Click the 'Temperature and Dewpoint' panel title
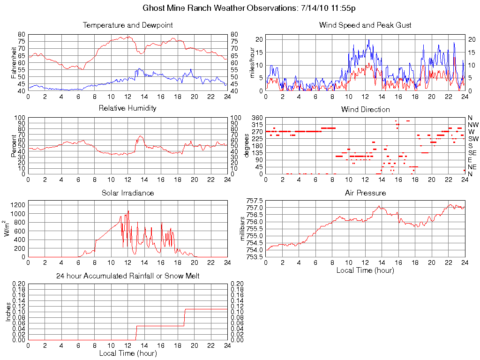coord(127,25)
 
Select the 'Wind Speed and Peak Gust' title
coord(365,25)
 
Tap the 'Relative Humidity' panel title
coord(127,108)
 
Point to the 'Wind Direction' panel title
coord(365,110)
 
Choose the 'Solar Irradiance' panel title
coord(127,193)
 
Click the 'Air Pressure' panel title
coord(365,193)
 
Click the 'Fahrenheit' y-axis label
coord(15,62)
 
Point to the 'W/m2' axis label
coord(8,228)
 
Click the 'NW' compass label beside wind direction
coord(473,125)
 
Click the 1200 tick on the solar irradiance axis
coord(17,205)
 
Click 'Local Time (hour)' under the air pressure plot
coord(365,270)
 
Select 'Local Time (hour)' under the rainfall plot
coord(127,353)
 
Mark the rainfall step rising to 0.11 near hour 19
coord(185,317)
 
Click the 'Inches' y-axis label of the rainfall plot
coord(8,311)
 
